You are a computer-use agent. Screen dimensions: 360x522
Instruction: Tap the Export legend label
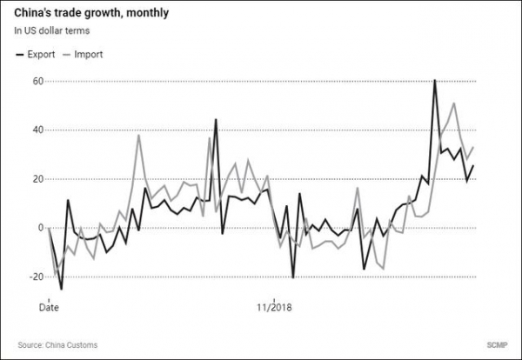(x=43, y=54)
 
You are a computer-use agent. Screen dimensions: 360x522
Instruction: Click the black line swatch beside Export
(x=21, y=54)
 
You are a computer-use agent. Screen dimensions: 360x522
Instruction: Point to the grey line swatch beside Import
(x=66, y=54)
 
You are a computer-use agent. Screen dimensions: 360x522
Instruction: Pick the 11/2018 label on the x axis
(x=272, y=307)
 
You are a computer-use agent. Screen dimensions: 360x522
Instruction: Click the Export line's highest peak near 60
(x=435, y=81)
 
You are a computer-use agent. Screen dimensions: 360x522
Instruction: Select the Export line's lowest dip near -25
(x=61, y=289)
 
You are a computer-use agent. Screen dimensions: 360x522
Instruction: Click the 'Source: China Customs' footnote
(x=57, y=345)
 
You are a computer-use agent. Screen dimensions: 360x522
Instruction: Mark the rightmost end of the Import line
(x=473, y=148)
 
